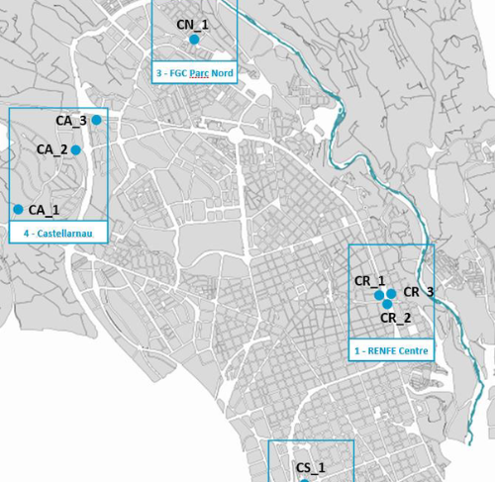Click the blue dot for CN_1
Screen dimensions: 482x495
point(194,39)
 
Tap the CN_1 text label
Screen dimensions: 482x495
point(192,24)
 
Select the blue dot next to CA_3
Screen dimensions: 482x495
point(97,120)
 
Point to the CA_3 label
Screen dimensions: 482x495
point(71,121)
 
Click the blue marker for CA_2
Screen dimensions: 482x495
point(75,150)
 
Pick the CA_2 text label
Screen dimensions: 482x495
point(51,149)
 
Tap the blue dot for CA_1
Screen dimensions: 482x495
point(18,209)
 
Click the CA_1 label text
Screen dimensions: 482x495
point(44,210)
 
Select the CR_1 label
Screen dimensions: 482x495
point(370,281)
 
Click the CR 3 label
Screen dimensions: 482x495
point(418,292)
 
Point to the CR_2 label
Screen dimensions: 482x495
point(396,318)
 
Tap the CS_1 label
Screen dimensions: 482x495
point(311,467)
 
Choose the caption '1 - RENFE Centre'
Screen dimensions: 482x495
point(391,350)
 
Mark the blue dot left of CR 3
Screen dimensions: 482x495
point(391,294)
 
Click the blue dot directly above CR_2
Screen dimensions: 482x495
point(387,304)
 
